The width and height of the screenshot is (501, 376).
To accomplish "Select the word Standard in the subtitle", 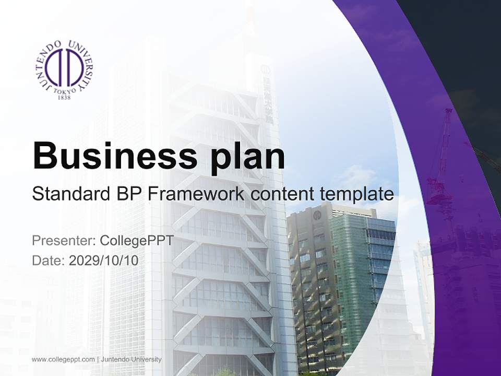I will pos(70,194).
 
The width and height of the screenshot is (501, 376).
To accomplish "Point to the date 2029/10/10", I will pos(104,260).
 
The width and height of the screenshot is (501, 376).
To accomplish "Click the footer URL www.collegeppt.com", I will pos(63,359).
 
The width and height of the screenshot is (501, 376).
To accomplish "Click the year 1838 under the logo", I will pos(64,97).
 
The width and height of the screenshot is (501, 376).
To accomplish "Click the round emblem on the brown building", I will pos(317,215).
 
